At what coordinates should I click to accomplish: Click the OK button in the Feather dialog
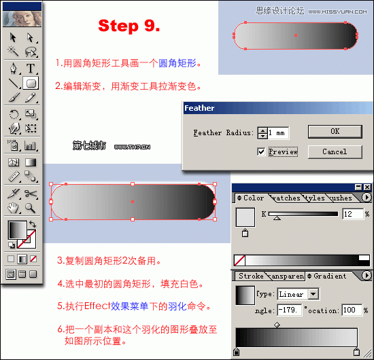click(335, 131)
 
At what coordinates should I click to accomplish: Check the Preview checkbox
click(261, 151)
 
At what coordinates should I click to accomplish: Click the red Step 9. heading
click(129, 26)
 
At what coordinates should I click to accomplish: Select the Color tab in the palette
click(253, 198)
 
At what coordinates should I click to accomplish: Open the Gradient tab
click(330, 276)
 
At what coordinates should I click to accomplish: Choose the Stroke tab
click(251, 276)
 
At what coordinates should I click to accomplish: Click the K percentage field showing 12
click(353, 214)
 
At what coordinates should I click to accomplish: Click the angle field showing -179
click(289, 310)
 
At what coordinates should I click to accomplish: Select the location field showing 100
click(352, 310)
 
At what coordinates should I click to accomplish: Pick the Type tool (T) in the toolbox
click(31, 68)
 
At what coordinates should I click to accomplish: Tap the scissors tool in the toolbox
click(31, 194)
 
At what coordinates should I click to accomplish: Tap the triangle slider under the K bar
click(277, 219)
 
